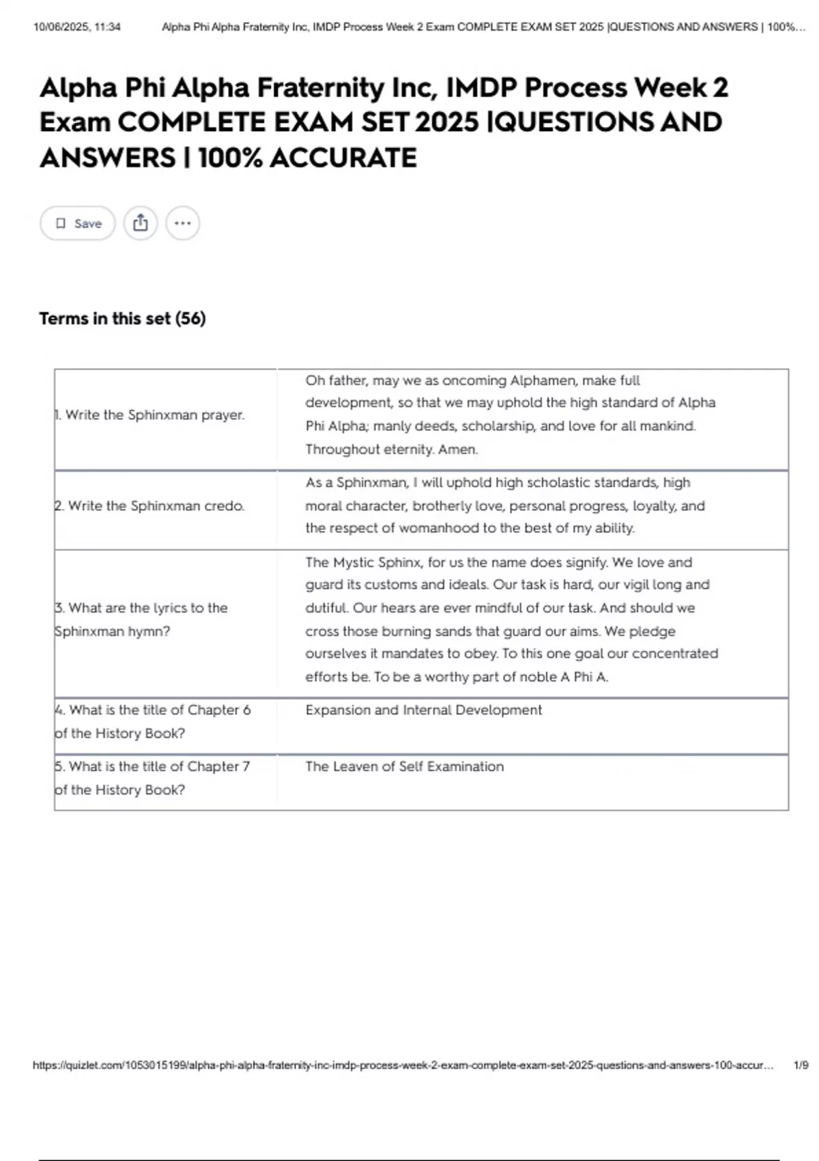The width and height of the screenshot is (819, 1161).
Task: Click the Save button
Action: point(78,223)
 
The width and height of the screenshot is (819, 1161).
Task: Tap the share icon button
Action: point(141,223)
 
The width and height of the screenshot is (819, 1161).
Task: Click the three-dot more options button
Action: point(182,223)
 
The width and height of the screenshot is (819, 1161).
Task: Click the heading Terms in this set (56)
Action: point(122,319)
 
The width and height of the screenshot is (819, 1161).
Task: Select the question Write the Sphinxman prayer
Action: point(150,415)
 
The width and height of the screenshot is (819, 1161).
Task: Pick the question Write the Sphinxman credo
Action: point(150,506)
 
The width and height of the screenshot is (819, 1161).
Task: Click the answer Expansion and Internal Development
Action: point(423,710)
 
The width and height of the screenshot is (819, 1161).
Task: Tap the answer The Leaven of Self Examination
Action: point(404,767)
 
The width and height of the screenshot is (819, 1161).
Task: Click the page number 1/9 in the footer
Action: point(801,1065)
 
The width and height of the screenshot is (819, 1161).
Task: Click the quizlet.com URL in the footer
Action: point(403,1065)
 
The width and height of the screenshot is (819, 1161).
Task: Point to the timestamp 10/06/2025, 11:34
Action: point(77,27)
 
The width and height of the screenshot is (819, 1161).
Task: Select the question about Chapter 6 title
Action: point(153,721)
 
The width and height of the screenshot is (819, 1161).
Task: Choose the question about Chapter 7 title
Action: point(153,778)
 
